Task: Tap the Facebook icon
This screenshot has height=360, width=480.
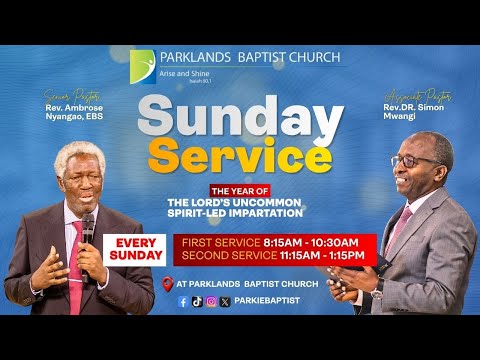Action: click(182, 300)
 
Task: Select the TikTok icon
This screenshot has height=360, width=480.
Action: click(196, 300)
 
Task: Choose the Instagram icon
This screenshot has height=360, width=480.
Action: click(210, 300)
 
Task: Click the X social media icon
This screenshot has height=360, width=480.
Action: click(224, 300)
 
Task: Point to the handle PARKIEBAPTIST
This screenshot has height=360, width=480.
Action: click(266, 300)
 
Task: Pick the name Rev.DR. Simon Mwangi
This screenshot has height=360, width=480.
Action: click(410, 112)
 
